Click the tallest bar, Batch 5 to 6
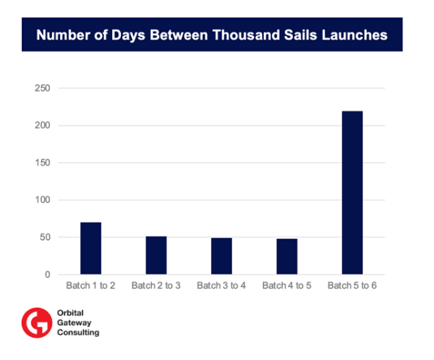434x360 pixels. point(352,193)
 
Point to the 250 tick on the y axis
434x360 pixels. point(44,88)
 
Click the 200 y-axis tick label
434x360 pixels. point(44,126)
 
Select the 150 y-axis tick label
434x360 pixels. point(44,163)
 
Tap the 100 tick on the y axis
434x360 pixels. point(44,200)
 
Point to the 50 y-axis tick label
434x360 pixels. point(46,238)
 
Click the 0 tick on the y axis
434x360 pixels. point(48,275)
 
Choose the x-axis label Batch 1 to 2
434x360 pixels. point(91,286)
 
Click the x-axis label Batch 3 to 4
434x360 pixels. point(221,286)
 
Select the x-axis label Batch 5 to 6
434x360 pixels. point(352,286)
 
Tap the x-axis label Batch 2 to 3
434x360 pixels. point(156,286)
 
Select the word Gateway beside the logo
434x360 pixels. point(73,323)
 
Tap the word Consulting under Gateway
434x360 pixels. point(78,333)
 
